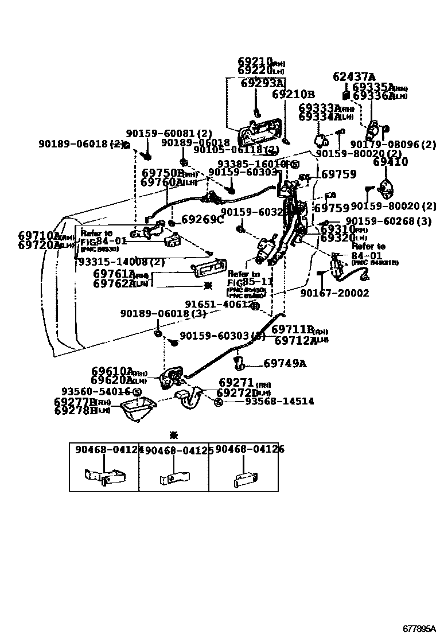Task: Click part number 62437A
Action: click(354, 77)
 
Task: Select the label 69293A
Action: click(262, 83)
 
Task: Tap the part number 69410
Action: click(390, 162)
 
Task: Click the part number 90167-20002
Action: click(334, 293)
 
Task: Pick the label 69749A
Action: click(285, 363)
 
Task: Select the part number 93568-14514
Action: click(279, 402)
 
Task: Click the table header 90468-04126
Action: click(250, 450)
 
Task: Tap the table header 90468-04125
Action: click(179, 451)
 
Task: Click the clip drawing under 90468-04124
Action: click(104, 476)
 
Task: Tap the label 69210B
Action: click(293, 95)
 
